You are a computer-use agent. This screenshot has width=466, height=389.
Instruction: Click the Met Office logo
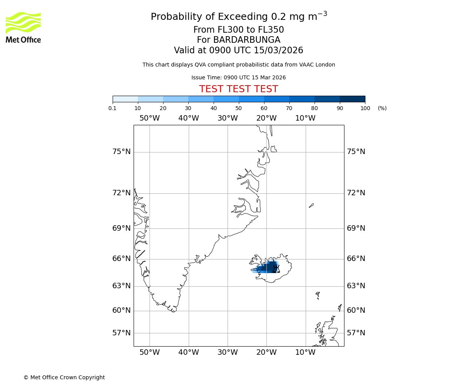pos(23,27)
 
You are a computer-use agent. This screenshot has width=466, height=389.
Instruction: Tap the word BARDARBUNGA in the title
pos(238,40)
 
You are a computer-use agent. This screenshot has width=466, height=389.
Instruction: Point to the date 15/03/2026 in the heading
pos(278,51)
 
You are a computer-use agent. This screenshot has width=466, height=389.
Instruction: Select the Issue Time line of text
pos(238,78)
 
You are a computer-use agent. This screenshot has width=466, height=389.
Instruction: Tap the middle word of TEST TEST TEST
pos(238,89)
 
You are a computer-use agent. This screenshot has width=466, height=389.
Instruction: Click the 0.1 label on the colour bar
pos(113,108)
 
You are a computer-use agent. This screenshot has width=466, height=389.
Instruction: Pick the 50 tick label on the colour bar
pos(238,108)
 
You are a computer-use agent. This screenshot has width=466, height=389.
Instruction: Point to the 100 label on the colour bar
pos(365,108)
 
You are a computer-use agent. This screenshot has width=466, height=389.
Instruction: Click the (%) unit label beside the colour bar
pos(382,108)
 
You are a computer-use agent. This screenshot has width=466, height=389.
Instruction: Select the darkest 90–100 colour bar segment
pos(352,99)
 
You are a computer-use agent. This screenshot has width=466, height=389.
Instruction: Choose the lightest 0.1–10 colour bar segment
pos(125,99)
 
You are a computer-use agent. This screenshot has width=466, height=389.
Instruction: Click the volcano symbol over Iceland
pos(276,269)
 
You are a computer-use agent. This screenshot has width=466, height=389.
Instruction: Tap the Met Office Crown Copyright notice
pos(64,377)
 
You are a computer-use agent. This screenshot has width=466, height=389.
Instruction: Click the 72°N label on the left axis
pos(122,193)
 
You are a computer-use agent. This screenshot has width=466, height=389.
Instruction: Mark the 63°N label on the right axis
pos(356,286)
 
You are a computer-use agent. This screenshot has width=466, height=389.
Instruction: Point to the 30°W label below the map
pos(228,353)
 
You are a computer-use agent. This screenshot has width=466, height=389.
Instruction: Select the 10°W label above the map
pos(305,118)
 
